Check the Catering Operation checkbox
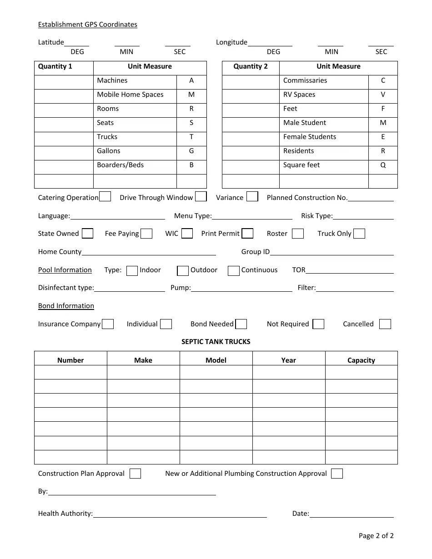(x=105, y=197)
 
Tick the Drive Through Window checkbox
(x=201, y=197)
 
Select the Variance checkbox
(x=252, y=197)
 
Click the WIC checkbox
(x=187, y=234)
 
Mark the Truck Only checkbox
(x=359, y=234)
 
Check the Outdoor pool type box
(x=183, y=270)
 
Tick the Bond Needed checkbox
(x=241, y=324)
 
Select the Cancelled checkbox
(x=385, y=324)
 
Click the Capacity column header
(x=361, y=360)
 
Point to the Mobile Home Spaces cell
(x=130, y=95)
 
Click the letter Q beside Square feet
(x=383, y=165)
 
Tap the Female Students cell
(x=310, y=137)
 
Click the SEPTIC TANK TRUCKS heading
(x=216, y=342)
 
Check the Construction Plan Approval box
(x=135, y=474)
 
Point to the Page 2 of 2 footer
(x=376, y=535)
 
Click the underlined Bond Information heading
(x=66, y=306)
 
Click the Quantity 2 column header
(x=251, y=66)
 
